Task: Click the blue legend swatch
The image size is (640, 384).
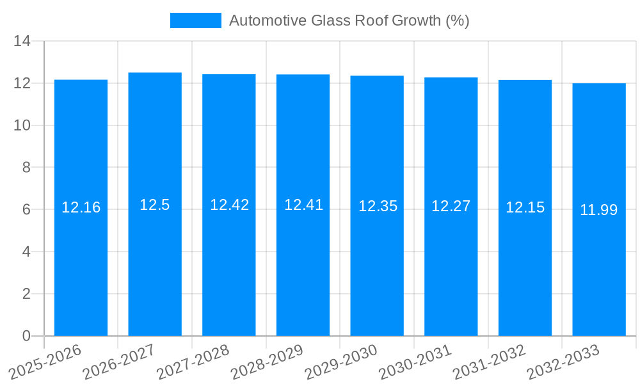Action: [195, 20]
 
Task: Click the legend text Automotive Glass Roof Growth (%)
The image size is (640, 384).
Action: [349, 20]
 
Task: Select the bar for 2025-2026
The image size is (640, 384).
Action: [81, 208]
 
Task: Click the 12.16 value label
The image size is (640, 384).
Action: [81, 207]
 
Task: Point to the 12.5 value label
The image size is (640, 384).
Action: [155, 205]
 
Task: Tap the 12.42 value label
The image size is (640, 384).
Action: [229, 205]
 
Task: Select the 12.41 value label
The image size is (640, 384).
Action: [303, 205]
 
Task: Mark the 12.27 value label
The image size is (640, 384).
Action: [451, 206]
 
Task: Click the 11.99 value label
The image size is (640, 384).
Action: [599, 210]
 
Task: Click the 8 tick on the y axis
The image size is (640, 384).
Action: [26, 168]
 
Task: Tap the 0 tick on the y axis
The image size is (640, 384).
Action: [26, 336]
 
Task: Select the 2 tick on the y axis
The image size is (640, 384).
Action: [26, 294]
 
